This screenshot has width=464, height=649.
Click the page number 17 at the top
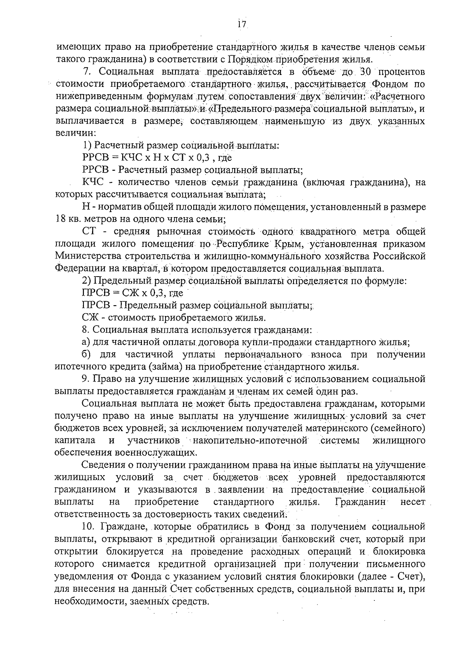click(242, 24)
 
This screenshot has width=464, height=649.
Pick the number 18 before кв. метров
click(62, 219)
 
